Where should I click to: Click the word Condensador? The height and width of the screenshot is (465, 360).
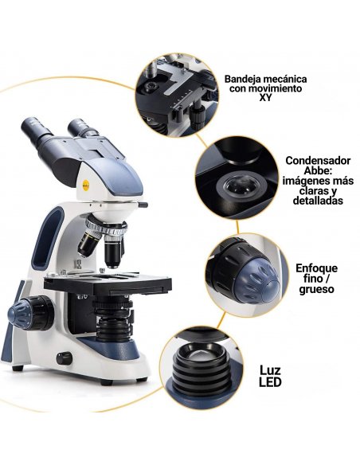318,160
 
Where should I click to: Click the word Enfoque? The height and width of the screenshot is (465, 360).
316,268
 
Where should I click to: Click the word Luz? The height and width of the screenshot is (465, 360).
270,370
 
